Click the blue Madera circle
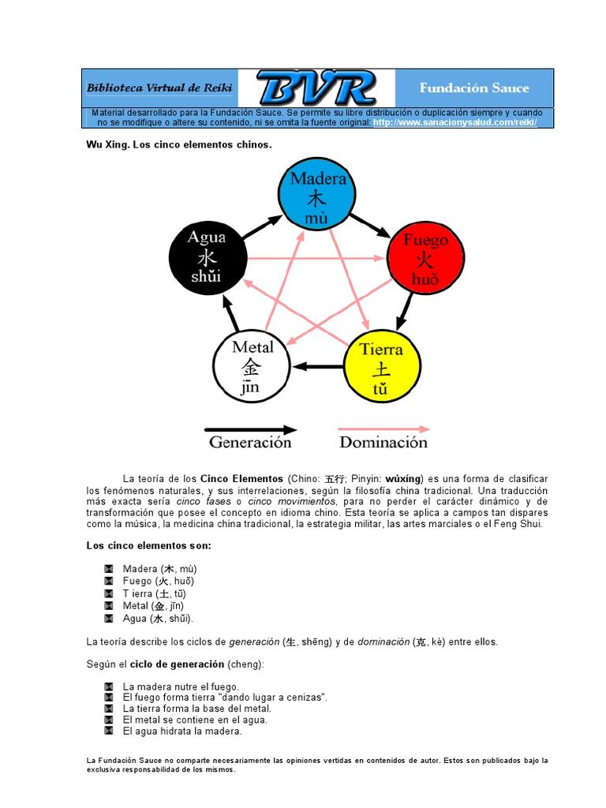(316, 195)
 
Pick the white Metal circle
(250, 366)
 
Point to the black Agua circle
(206, 256)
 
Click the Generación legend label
(250, 443)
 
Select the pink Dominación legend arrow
(384, 429)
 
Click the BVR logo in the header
(315, 88)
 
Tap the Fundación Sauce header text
(474, 88)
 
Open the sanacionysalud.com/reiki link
(454, 123)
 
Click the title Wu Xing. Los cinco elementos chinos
(178, 145)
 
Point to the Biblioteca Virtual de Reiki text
(159, 88)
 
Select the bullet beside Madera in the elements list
(109, 568)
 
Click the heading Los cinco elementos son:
(148, 546)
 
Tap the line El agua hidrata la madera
(182, 731)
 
